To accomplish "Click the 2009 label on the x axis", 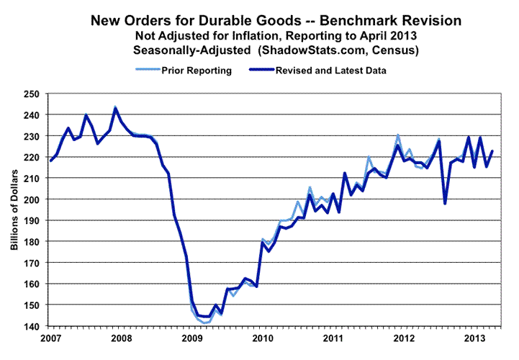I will point(191,337).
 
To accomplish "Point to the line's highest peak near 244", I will point(115,108).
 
